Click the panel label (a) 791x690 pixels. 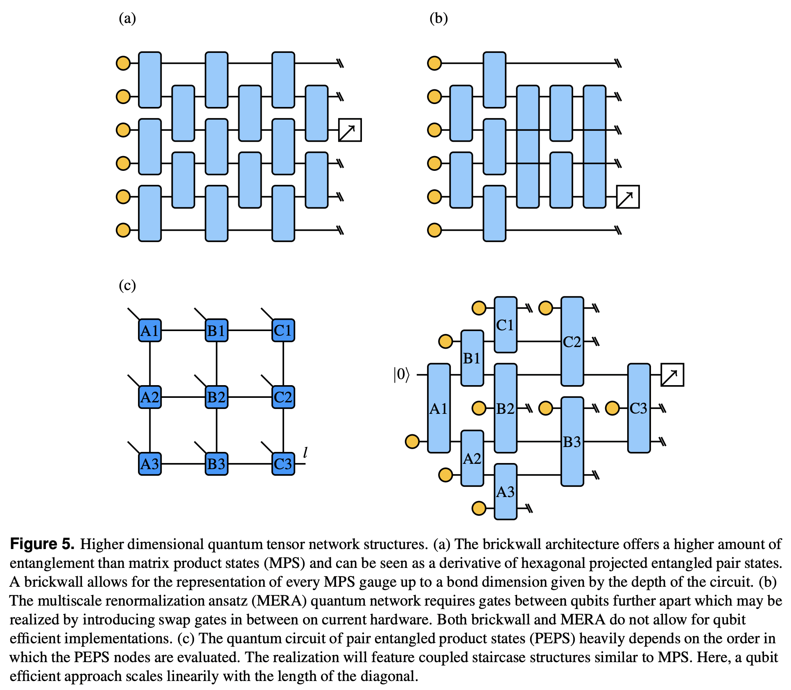click(x=127, y=18)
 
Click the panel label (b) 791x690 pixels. click(x=438, y=18)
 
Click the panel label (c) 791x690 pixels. click(x=127, y=285)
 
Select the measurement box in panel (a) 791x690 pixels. click(x=350, y=130)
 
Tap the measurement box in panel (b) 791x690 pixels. click(x=628, y=197)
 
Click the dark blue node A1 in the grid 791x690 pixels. click(x=150, y=330)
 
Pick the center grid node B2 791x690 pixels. click(x=217, y=397)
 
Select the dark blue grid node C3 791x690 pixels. click(x=283, y=464)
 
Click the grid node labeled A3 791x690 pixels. click(x=150, y=464)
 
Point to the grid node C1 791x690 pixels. click(x=283, y=330)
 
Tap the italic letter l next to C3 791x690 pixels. click(x=305, y=452)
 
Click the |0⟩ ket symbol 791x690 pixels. click(x=401, y=375)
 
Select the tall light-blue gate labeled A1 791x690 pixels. click(x=438, y=408)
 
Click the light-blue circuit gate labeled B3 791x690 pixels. click(x=572, y=442)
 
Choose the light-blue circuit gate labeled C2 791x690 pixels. click(x=572, y=341)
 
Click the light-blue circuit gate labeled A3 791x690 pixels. click(x=505, y=492)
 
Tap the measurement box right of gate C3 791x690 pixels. click(x=672, y=375)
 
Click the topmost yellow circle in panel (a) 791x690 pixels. click(x=123, y=64)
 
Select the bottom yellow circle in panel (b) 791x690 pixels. click(x=434, y=230)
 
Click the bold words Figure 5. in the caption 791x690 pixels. click(x=42, y=544)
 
